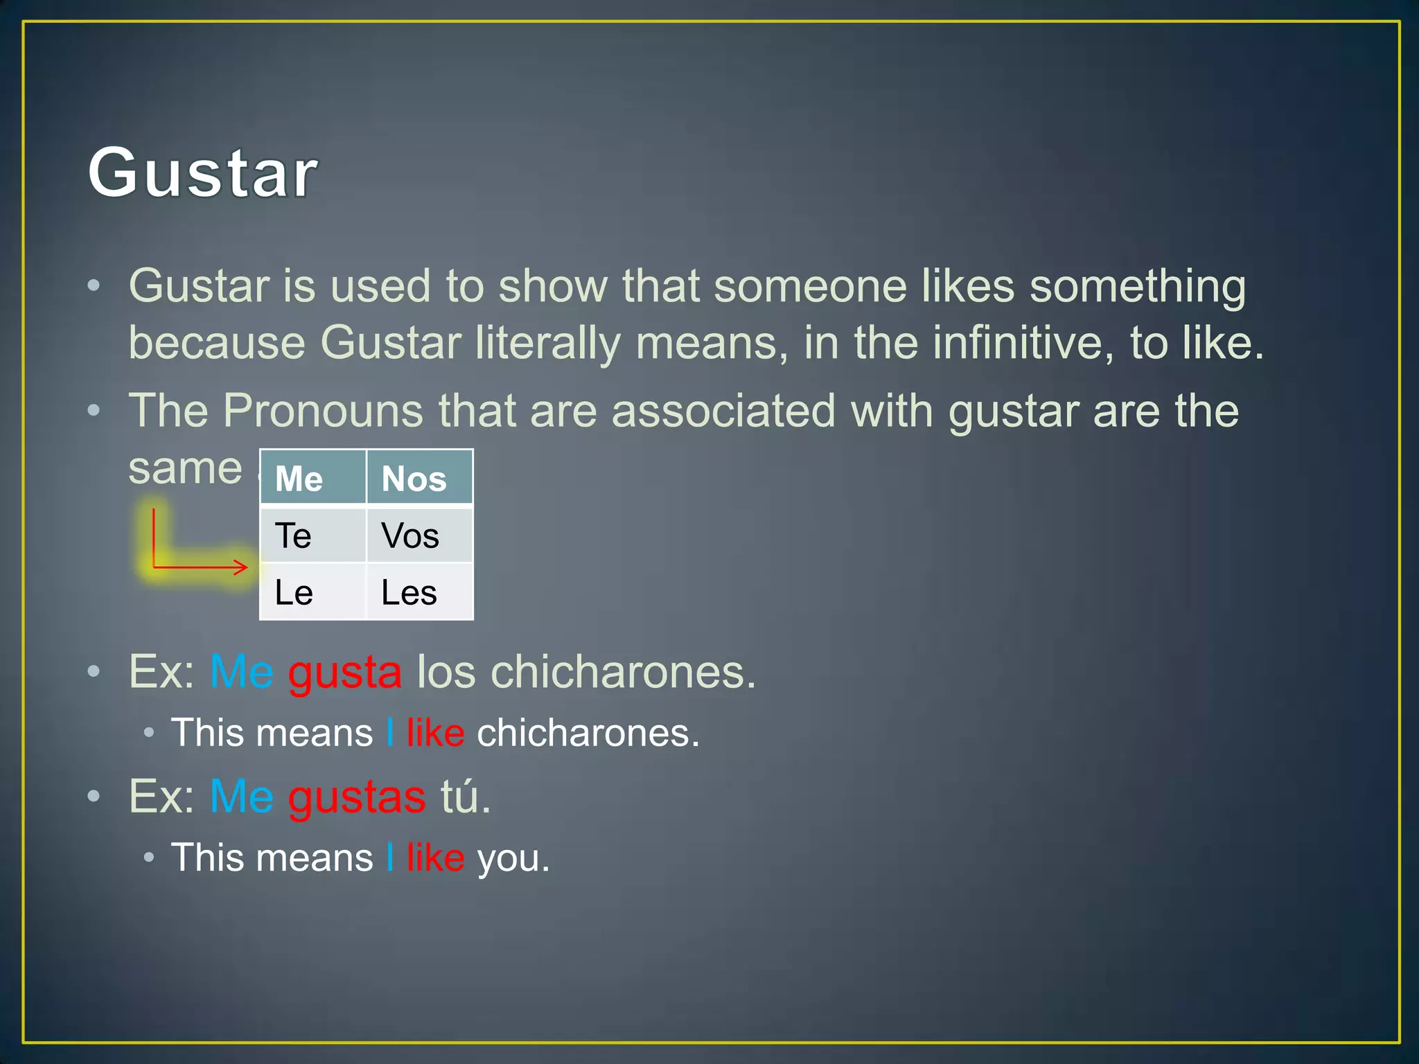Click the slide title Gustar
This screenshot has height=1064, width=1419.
click(x=202, y=172)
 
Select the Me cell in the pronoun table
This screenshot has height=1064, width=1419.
click(x=312, y=478)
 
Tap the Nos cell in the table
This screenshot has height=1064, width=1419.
click(x=419, y=478)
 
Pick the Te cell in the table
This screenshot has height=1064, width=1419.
click(x=312, y=535)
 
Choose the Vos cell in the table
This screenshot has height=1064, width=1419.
click(x=419, y=535)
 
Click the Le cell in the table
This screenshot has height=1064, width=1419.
click(x=312, y=592)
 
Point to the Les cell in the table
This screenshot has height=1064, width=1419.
click(x=419, y=592)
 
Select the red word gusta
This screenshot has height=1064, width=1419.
click(x=344, y=671)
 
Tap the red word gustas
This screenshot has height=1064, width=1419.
click(x=357, y=797)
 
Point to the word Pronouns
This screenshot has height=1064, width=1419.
click(x=322, y=410)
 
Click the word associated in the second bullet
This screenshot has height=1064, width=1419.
click(x=723, y=410)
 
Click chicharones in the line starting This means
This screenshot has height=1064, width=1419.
click(x=587, y=733)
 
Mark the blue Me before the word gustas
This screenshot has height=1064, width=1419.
click(x=241, y=797)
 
